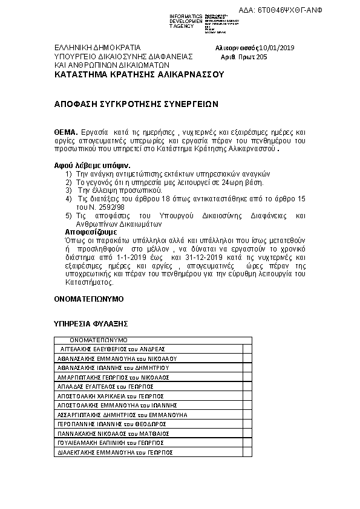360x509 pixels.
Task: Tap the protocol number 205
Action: point(261,57)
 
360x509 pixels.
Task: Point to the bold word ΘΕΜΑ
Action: point(66,131)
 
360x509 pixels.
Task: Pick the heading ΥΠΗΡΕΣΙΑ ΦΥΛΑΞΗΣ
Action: point(91,324)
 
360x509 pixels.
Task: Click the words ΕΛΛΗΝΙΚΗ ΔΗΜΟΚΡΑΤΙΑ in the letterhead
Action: point(97,47)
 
